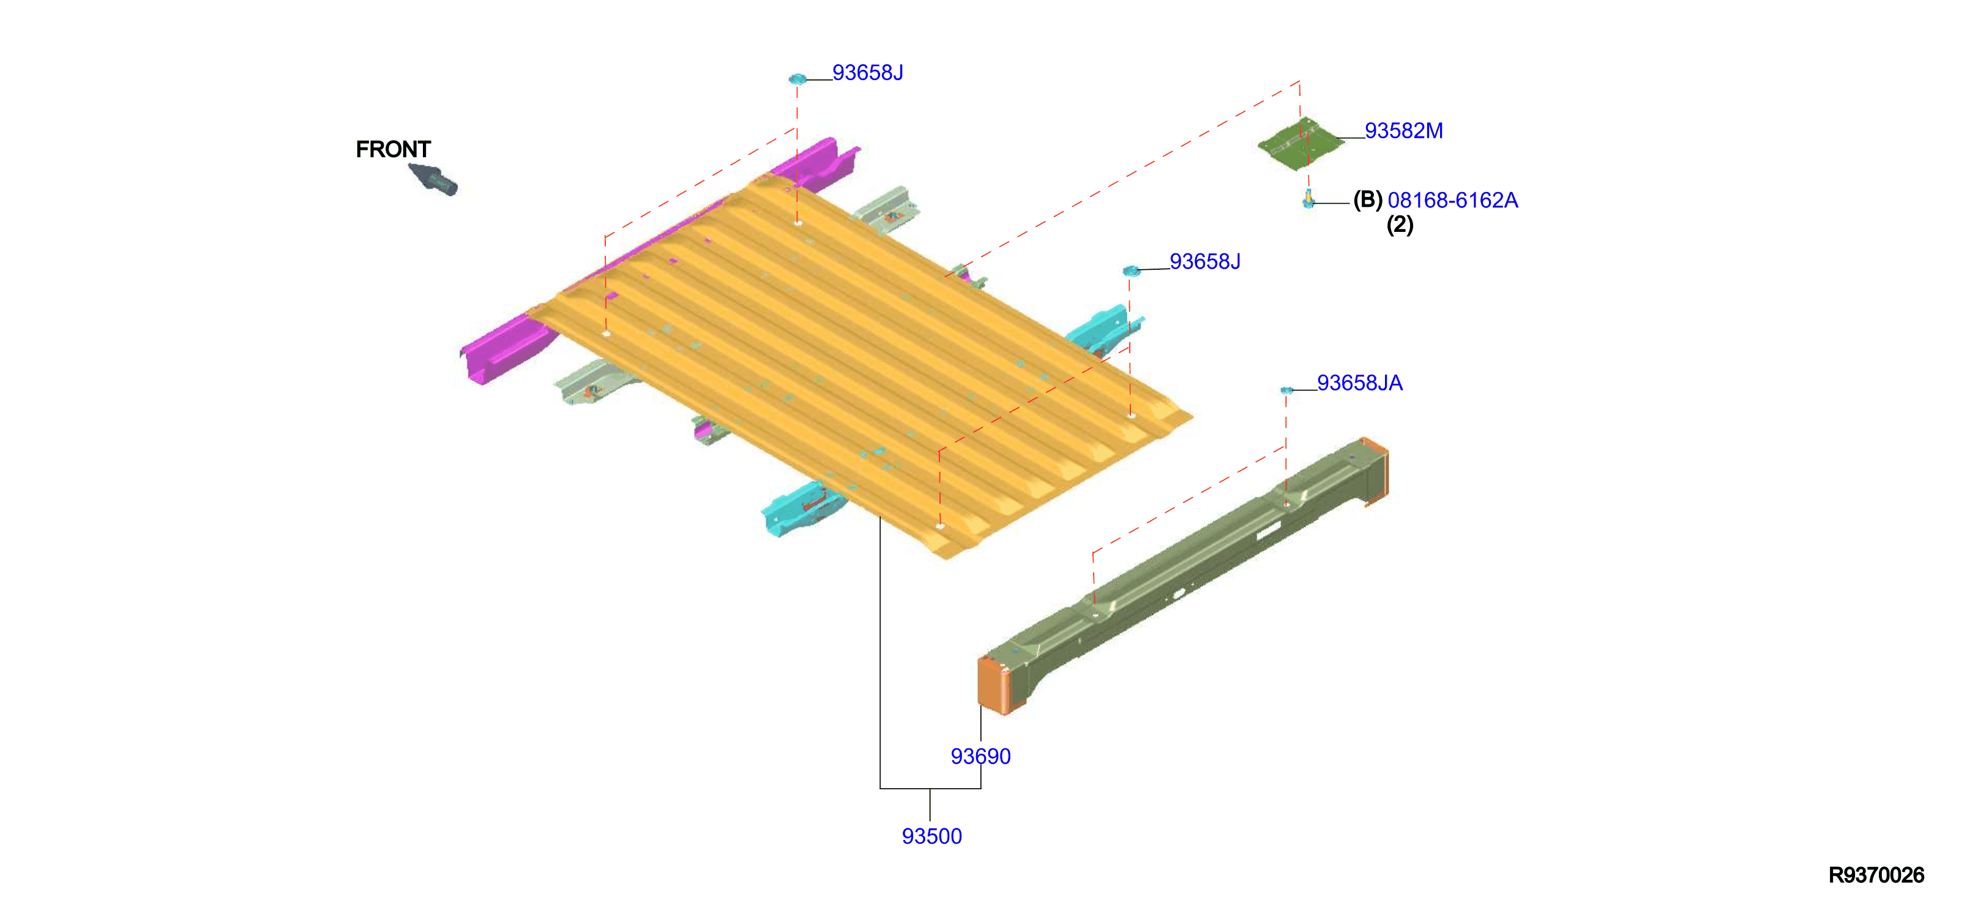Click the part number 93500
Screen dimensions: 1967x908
[931, 836]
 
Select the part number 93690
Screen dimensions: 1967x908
[980, 756]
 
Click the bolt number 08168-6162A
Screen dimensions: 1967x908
[1452, 200]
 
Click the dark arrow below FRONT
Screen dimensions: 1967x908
[433, 179]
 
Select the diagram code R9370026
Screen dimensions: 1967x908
[1876, 875]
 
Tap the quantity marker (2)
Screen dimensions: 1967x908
[1400, 225]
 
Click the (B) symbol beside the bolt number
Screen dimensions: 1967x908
[1368, 200]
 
